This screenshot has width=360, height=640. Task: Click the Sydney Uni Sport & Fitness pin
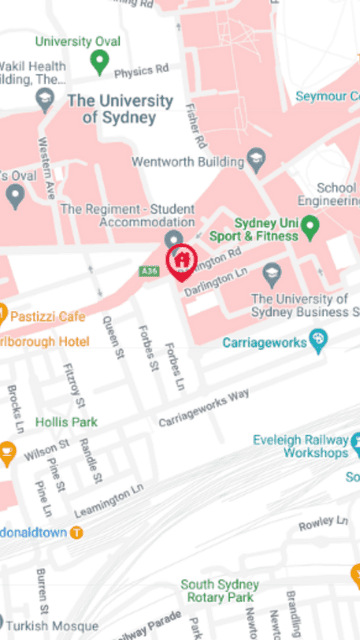(x=310, y=229)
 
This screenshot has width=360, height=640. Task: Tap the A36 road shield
(x=150, y=271)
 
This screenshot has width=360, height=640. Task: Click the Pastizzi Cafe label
(x=47, y=317)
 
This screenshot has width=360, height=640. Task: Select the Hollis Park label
(x=66, y=423)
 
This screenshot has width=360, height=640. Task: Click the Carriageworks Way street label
(x=204, y=408)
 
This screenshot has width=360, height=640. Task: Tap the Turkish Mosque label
(x=63, y=625)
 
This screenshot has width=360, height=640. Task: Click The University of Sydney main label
(x=119, y=109)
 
